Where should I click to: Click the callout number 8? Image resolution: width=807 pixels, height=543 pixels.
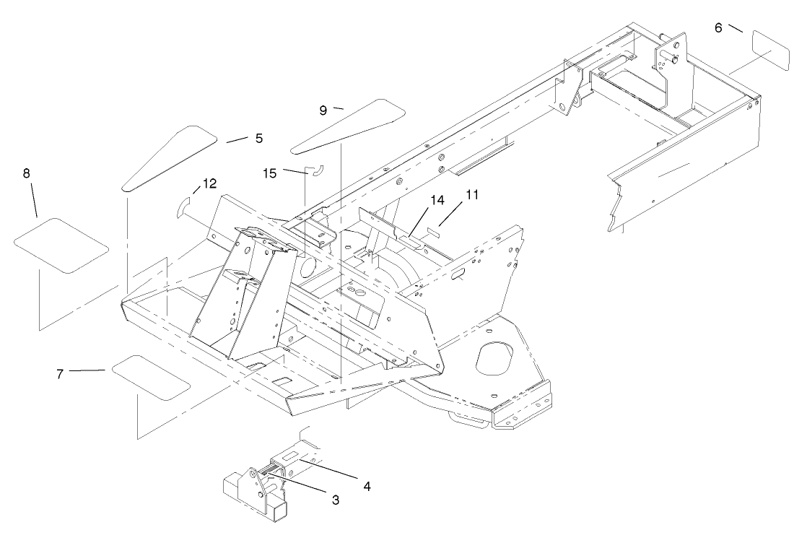pos(27,173)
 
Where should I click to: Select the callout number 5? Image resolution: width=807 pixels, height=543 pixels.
pos(258,137)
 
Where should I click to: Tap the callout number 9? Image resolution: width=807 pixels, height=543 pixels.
pos(323,110)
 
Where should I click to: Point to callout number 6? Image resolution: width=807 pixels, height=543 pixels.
pos(718,27)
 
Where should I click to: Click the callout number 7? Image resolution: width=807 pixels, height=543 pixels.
pos(60,373)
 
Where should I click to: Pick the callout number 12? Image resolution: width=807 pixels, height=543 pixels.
pos(209,184)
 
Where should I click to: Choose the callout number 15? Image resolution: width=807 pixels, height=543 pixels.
pos(269,174)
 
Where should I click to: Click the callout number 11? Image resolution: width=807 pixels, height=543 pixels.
pos(472,195)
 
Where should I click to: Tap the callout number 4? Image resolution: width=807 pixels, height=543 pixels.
pos(367,486)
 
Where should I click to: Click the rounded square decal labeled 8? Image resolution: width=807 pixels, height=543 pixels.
pos(61,246)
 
